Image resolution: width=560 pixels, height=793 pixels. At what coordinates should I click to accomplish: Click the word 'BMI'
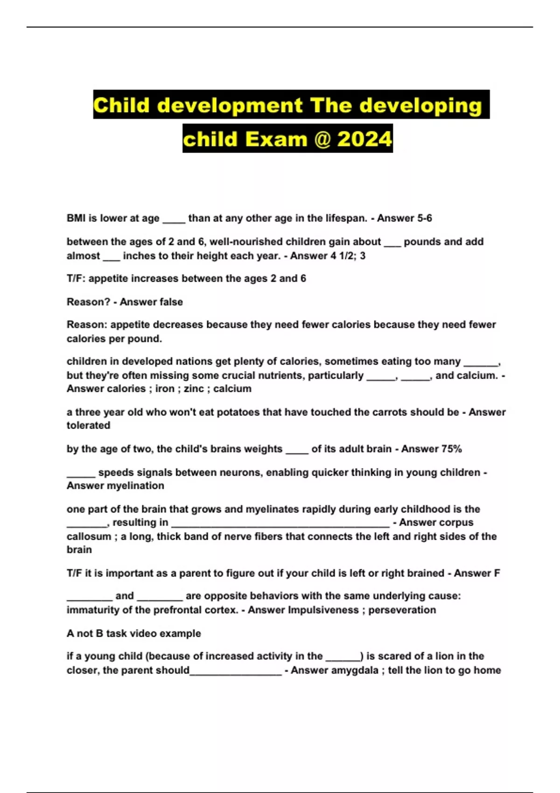pos(76,218)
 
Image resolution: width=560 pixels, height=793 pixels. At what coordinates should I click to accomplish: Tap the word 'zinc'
pos(194,389)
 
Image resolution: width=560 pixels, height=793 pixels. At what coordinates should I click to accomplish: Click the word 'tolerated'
pos(89,426)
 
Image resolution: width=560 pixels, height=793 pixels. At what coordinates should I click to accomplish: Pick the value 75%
pos(451,449)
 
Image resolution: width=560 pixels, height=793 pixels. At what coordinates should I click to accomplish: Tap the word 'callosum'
pos(89,537)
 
